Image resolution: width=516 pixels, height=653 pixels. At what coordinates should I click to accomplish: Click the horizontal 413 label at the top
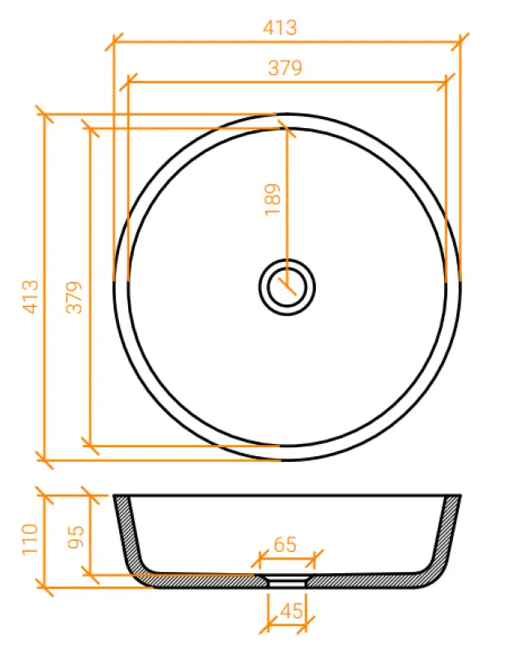click(280, 27)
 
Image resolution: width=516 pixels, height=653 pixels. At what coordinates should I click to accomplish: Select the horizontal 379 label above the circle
click(285, 69)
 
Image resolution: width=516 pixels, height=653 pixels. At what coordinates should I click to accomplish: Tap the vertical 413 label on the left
click(30, 296)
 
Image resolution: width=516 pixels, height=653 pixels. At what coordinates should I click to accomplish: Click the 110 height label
click(30, 540)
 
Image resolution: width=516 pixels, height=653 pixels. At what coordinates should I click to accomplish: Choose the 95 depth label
click(76, 535)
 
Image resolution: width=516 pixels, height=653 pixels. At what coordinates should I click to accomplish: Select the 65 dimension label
click(286, 544)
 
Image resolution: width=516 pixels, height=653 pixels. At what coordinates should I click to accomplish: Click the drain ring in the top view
click(287, 286)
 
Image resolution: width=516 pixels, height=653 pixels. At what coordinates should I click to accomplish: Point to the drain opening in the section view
click(287, 580)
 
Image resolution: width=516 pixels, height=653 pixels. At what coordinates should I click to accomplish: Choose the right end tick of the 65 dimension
click(313, 559)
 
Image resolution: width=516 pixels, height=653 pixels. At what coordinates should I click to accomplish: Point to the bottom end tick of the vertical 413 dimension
click(46, 460)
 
